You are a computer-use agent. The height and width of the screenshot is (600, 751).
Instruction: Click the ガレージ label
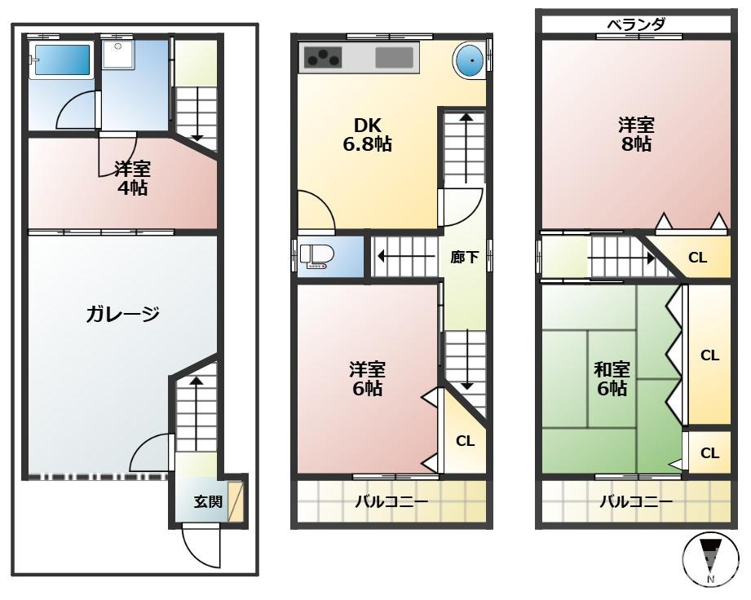(x=121, y=314)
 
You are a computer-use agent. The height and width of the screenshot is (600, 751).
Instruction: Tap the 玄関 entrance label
(x=207, y=501)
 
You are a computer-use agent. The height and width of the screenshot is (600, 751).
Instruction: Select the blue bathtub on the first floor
(x=60, y=60)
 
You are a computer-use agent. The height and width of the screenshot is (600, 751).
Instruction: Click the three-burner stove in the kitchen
(x=323, y=57)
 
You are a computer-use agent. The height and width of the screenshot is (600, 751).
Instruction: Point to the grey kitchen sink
(x=395, y=57)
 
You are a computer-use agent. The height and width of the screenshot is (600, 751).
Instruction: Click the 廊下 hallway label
(x=464, y=257)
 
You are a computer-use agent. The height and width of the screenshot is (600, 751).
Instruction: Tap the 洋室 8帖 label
(x=635, y=135)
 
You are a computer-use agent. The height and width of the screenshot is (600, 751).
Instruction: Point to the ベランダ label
(x=635, y=24)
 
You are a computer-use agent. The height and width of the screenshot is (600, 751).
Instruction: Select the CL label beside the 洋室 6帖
(x=465, y=441)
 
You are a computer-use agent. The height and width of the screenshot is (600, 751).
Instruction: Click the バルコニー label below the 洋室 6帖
(x=391, y=501)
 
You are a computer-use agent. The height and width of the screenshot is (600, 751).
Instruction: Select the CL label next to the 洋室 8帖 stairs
(x=697, y=258)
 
